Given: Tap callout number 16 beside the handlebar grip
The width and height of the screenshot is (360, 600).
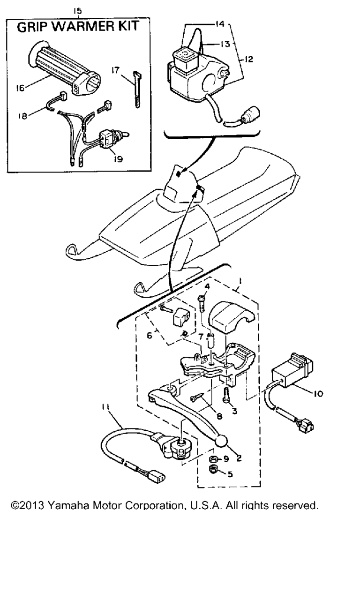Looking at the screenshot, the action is [20, 88].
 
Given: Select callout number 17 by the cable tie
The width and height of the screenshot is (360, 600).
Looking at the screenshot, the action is [115, 70].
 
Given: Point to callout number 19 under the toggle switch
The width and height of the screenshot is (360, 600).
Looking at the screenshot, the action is [118, 159].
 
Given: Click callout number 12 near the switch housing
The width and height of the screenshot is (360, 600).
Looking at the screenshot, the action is [249, 59].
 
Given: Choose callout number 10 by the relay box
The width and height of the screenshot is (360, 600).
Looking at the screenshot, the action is [318, 393].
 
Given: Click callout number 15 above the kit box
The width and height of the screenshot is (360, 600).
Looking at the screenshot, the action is [77, 11].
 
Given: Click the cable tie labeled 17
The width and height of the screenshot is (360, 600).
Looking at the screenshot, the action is [137, 90].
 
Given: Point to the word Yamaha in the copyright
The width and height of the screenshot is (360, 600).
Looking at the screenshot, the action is [68, 506].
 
